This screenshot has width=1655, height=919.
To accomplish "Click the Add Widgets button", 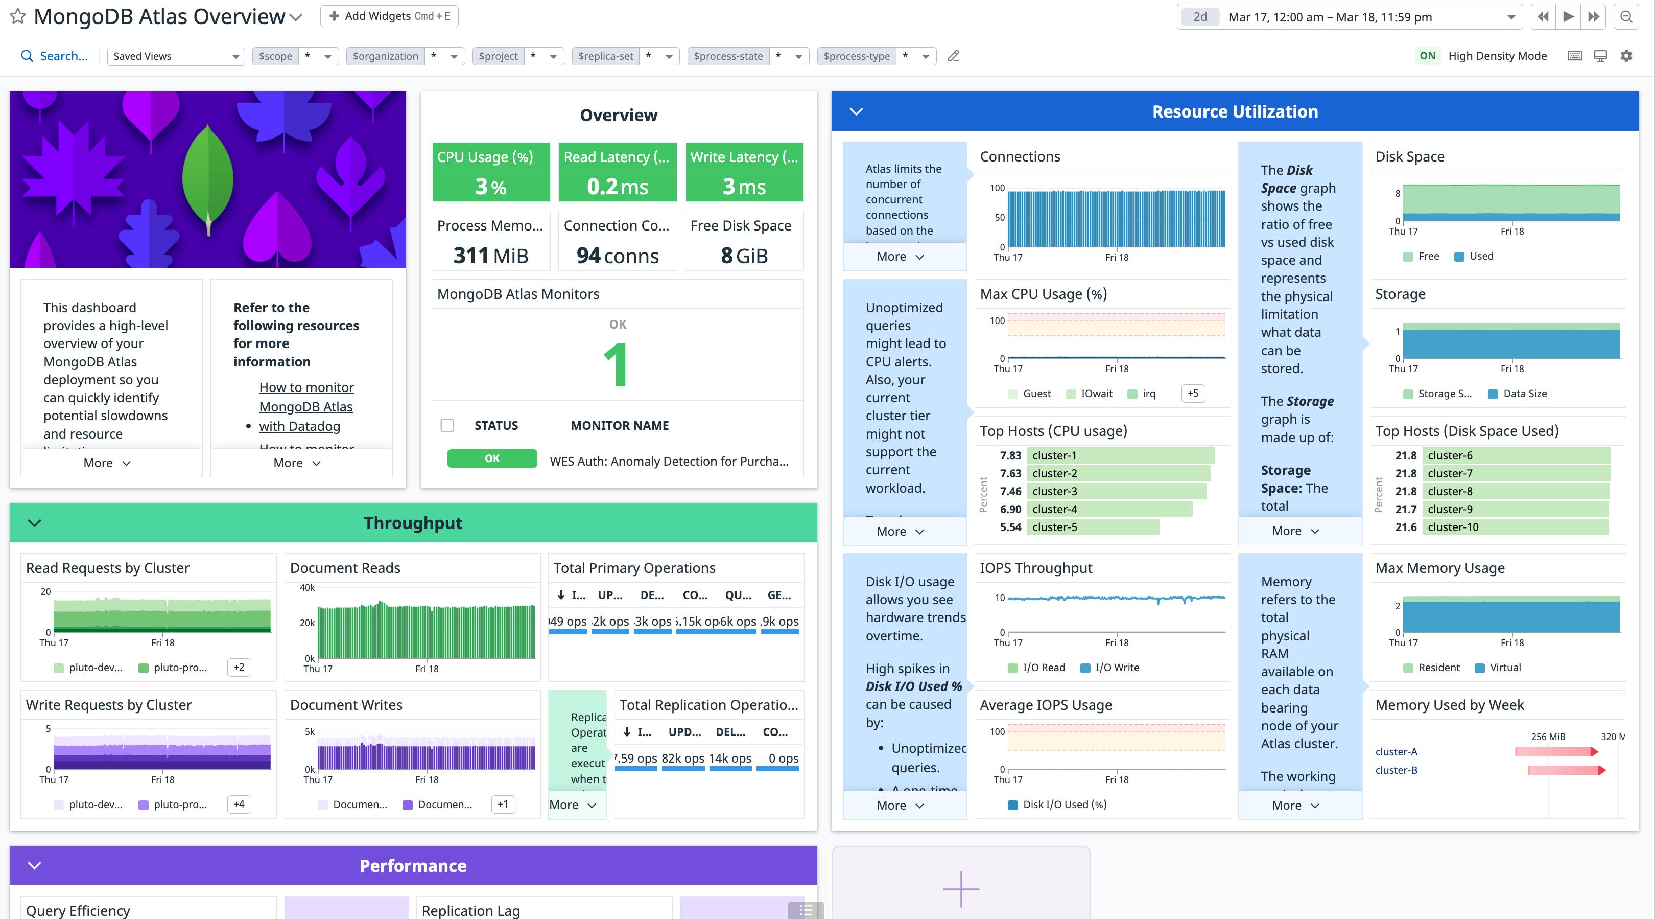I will [389, 16].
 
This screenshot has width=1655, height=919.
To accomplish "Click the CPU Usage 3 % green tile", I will [491, 172].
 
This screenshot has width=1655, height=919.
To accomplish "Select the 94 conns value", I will [618, 256].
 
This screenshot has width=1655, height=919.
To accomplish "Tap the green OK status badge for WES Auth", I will [491, 458].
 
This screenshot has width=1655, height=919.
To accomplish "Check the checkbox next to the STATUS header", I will [447, 425].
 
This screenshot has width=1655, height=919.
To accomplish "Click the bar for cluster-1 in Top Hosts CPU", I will [1121, 455].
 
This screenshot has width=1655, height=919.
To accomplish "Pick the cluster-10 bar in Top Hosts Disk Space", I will [1518, 527].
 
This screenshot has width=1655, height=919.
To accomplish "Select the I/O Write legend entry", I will [1116, 667].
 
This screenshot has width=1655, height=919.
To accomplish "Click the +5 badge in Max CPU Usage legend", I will [1192, 393].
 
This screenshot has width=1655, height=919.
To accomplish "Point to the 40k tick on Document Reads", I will [307, 587].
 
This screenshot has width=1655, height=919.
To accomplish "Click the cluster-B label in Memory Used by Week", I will [1396, 770].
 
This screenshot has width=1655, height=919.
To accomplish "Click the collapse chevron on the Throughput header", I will [35, 523].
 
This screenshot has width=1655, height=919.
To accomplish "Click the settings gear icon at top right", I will [1626, 56].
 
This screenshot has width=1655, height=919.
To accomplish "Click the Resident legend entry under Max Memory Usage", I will [1438, 667].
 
